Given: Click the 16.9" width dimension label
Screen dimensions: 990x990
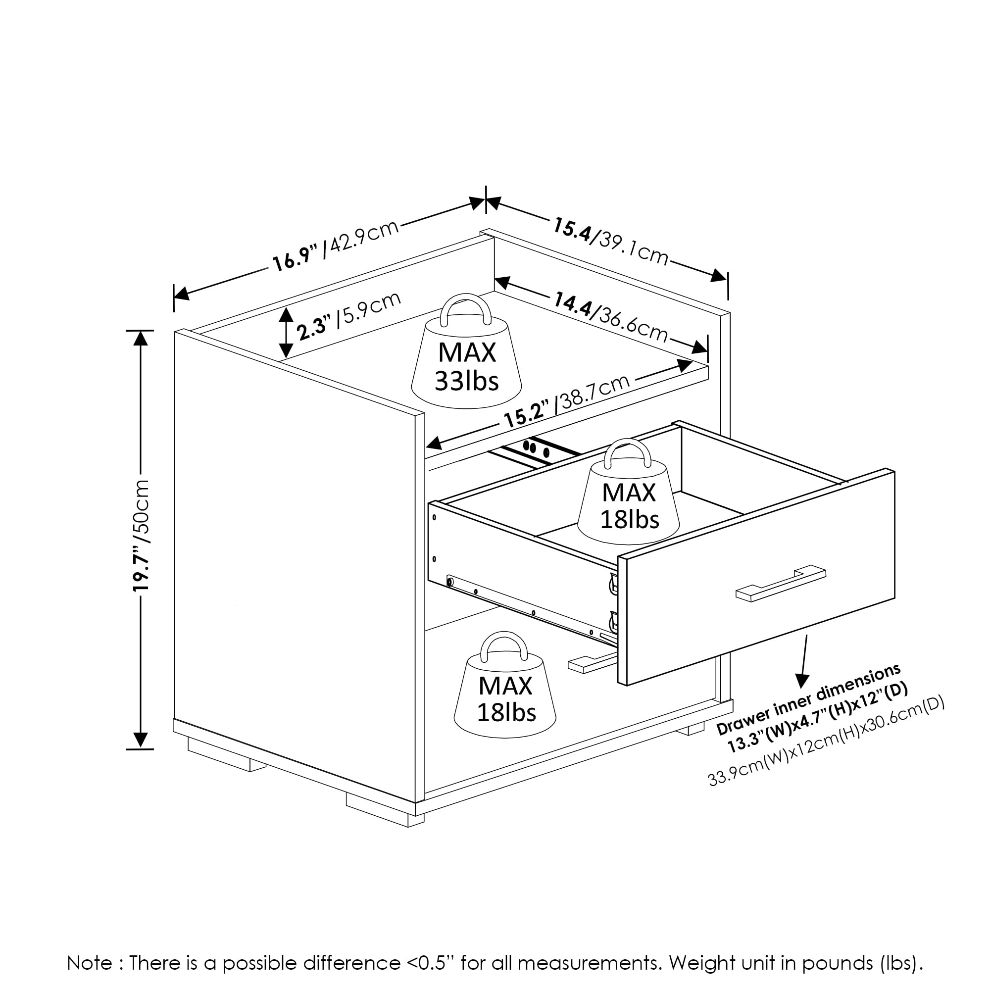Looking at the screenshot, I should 294,259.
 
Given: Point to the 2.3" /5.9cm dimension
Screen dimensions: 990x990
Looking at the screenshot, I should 348,316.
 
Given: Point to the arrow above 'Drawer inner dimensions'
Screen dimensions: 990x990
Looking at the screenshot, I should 803,661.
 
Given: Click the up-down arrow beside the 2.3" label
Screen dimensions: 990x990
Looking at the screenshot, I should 286,333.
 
